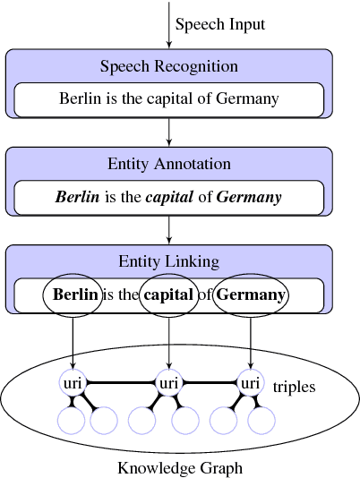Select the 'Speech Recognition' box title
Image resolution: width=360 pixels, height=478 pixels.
pos(169,66)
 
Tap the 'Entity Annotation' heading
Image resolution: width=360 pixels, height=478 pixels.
pos(169,164)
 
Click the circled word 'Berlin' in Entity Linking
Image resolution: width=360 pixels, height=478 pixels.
pos(75,294)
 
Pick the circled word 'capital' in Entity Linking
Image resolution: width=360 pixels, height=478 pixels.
pos(168,294)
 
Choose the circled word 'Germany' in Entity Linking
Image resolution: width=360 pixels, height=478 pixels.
pos(252,294)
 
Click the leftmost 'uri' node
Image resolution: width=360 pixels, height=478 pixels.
pos(73,383)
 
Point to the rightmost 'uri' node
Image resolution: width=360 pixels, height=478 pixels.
pos(248,383)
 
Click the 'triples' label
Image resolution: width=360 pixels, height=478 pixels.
pos(294,388)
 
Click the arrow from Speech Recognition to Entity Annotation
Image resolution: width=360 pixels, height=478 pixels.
pos(169,131)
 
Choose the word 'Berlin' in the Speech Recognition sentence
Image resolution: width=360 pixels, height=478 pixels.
pos(81,99)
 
